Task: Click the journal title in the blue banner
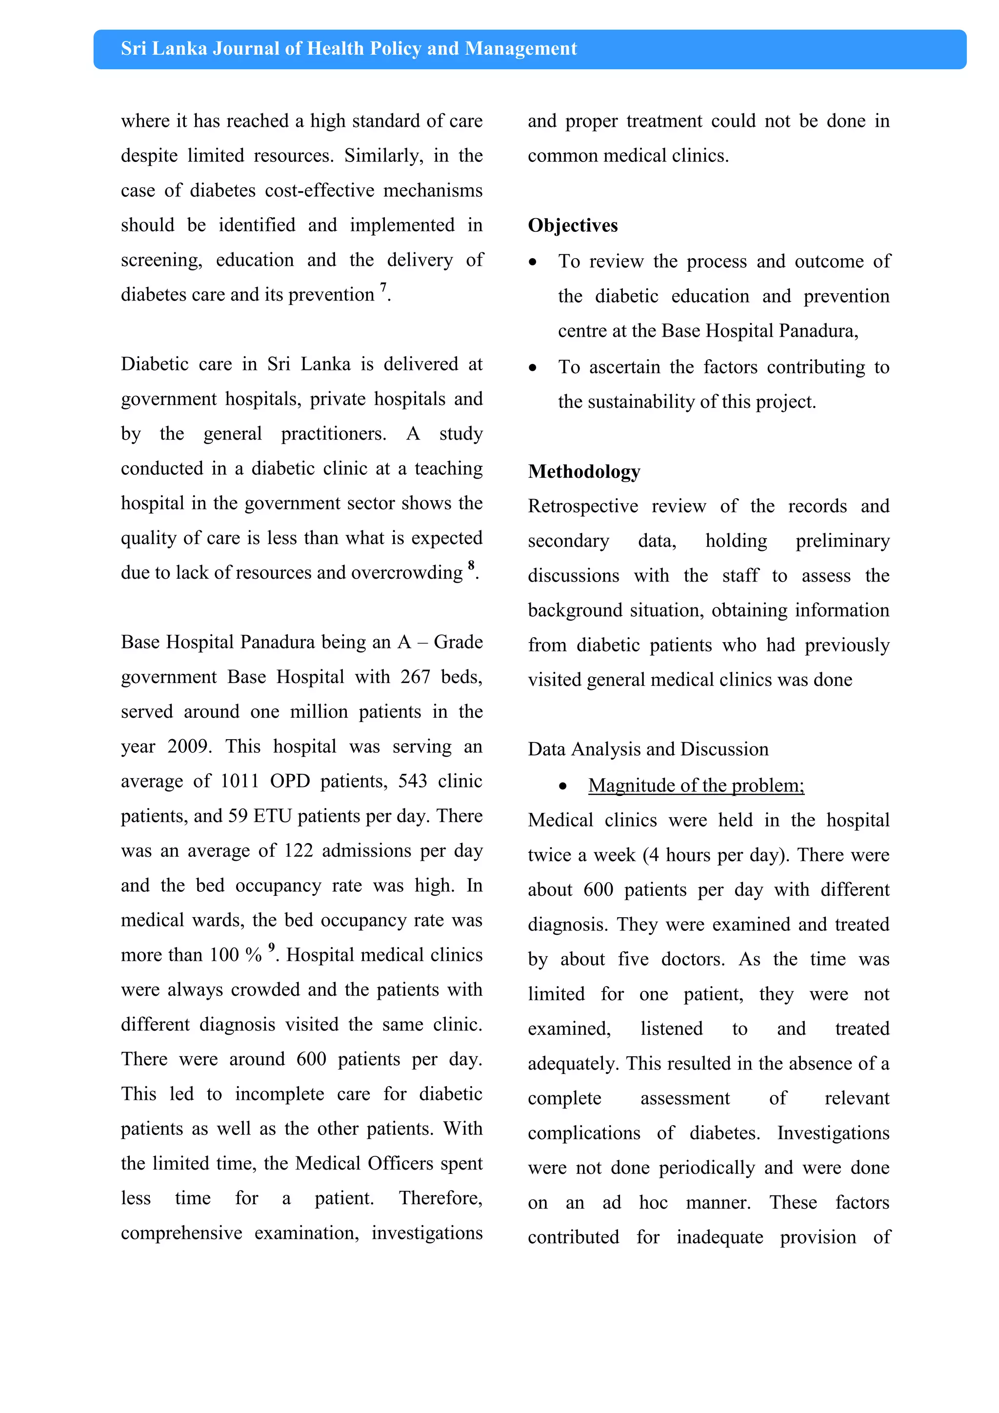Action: tap(348, 49)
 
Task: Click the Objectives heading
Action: tap(572, 225)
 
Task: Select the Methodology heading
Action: tap(584, 471)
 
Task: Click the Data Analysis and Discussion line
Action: tap(648, 749)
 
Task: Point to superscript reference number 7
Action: tap(383, 287)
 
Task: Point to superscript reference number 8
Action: tap(471, 565)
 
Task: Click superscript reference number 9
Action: tap(271, 947)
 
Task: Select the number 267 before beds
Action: tap(415, 677)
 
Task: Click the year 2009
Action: tap(188, 747)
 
